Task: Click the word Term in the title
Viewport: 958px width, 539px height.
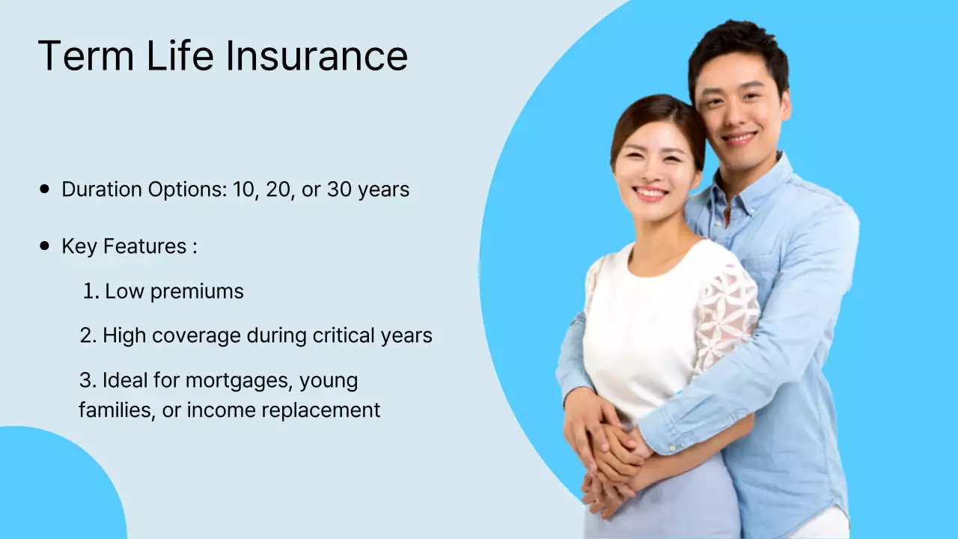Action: coord(82,56)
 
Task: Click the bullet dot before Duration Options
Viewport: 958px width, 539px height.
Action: coord(45,189)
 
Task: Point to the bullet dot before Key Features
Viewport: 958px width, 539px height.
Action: coord(45,246)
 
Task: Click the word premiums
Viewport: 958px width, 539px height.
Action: coord(197,291)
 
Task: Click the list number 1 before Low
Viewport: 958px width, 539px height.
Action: coord(90,291)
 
